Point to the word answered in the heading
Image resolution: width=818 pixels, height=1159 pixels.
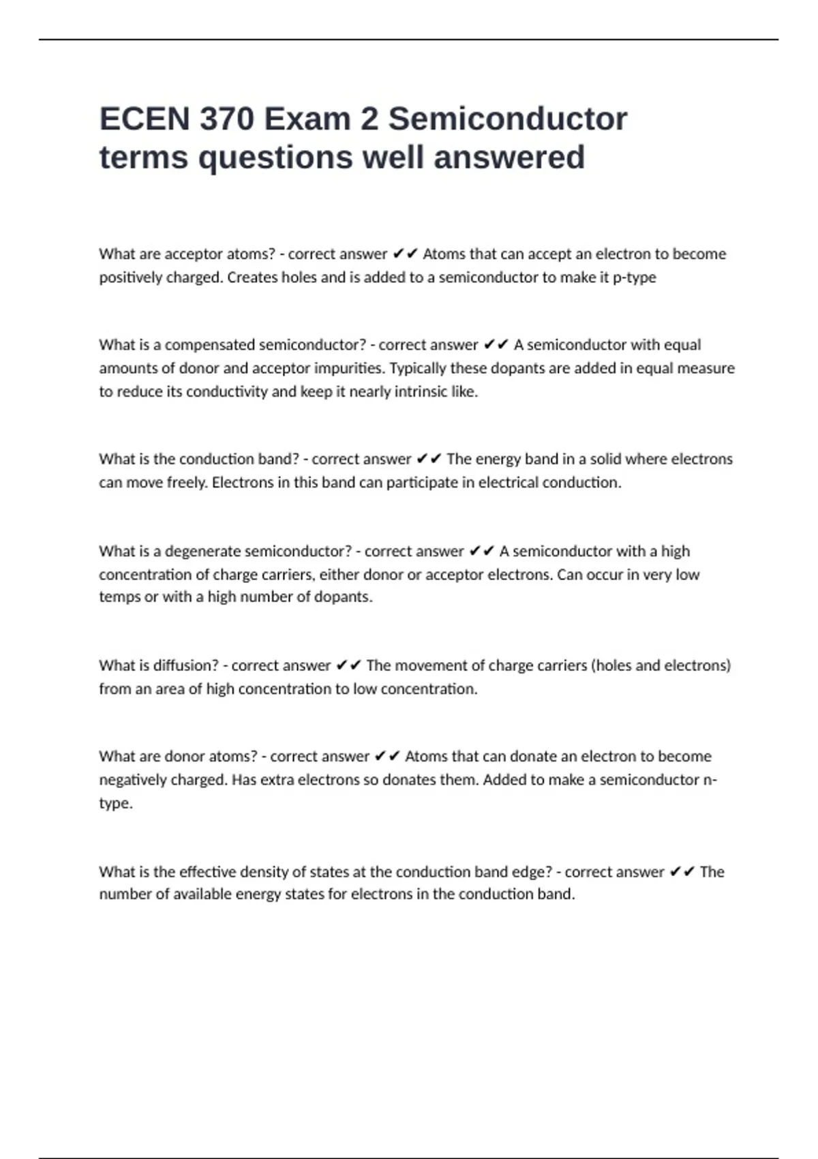click(509, 157)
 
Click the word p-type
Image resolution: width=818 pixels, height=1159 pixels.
click(635, 277)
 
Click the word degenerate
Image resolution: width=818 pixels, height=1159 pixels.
click(202, 551)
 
